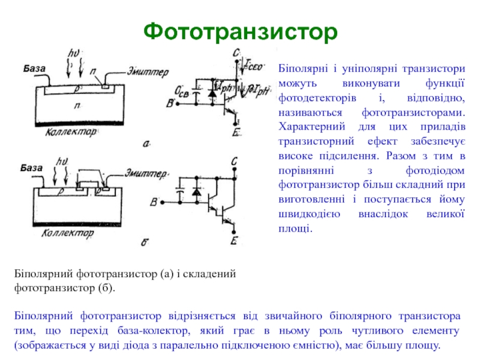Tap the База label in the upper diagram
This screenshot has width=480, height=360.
[34, 69]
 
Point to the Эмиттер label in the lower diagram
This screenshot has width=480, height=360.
[146, 174]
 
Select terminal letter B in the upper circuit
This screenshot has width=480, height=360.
[171, 104]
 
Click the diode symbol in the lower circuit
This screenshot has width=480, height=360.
[196, 192]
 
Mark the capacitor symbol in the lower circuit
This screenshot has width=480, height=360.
[179, 193]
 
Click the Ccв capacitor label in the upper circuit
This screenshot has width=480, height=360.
[182, 91]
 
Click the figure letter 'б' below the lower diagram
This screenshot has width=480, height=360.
[145, 242]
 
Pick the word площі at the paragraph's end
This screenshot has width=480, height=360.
[295, 228]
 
